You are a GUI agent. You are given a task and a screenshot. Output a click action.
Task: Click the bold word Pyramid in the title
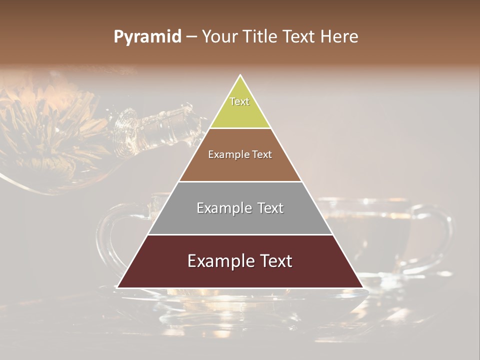click(x=147, y=37)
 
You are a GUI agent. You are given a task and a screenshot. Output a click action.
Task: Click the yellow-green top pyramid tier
click(x=240, y=112)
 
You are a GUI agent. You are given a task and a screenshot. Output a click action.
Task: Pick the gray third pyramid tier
click(x=240, y=220)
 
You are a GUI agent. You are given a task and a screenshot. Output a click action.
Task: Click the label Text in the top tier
click(x=239, y=101)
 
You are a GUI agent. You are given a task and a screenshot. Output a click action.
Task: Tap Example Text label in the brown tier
click(x=240, y=154)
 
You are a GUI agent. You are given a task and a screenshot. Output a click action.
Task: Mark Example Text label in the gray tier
click(x=240, y=208)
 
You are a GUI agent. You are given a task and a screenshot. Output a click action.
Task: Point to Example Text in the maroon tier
click(x=240, y=261)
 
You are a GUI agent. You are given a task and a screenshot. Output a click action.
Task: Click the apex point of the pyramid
click(x=240, y=75)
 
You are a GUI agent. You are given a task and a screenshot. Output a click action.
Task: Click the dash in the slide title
click(x=191, y=37)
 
